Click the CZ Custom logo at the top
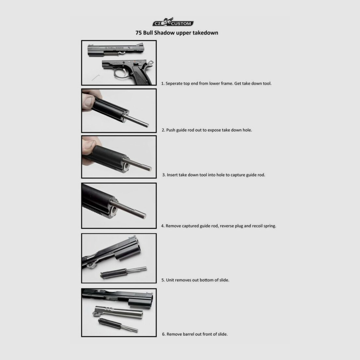[173, 22]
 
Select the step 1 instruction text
[216, 83]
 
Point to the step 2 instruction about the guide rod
[207, 130]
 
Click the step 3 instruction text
[213, 175]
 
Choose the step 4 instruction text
[219, 226]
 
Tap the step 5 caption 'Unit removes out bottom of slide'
[195, 280]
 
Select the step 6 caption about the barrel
[195, 334]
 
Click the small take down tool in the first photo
[96, 77]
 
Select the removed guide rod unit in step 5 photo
[123, 272]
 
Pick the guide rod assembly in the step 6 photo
[118, 325]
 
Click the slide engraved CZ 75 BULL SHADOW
[116, 50]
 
